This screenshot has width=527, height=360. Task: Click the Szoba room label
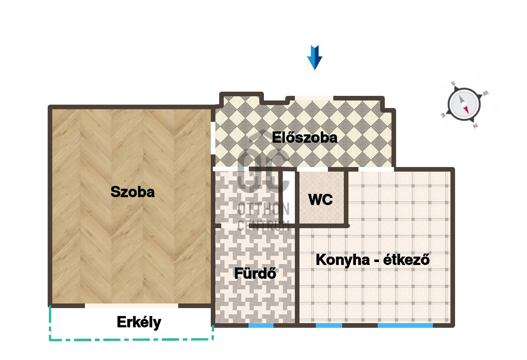tap(133, 192)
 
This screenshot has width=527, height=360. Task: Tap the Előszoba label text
tap(304, 137)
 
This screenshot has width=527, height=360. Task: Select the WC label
tap(320, 200)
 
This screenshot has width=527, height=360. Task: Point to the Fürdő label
tap(255, 273)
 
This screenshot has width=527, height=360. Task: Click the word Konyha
tap(343, 260)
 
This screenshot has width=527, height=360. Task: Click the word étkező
tap(407, 260)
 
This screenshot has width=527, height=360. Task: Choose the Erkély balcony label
tap(139, 322)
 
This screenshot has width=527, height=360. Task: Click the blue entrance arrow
tap(315, 57)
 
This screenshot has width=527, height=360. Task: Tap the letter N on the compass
tap(475, 126)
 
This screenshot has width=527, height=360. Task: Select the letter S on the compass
tap(453, 84)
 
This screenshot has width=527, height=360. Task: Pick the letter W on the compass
tap(486, 93)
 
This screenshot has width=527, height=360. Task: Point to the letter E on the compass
tap(443, 116)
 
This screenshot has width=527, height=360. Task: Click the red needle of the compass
tap(466, 110)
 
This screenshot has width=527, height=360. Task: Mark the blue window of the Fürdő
tap(261, 326)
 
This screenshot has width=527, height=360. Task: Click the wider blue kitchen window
tap(405, 326)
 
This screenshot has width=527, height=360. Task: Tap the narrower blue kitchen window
tap(329, 326)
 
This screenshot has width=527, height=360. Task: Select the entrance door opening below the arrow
tap(315, 98)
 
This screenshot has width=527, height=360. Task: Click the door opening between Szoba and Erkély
tap(131, 306)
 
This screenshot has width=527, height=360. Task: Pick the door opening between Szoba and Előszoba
tap(213, 138)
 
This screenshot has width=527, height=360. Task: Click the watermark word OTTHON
tap(263, 209)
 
